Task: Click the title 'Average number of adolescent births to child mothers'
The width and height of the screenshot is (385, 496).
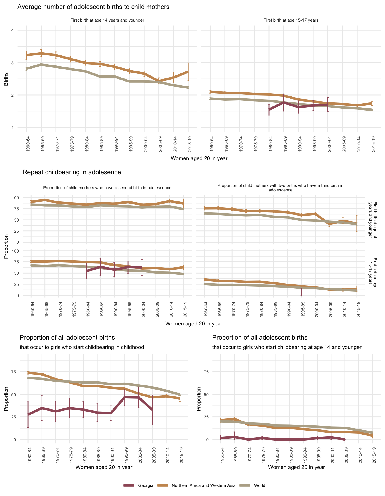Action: pyautogui.click(x=93, y=7)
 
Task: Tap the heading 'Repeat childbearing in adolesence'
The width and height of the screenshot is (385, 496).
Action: pyautogui.click(x=72, y=172)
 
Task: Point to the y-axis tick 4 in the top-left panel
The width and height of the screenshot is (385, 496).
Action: pyautogui.click(x=13, y=30)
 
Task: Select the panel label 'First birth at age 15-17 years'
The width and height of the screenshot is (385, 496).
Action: pyautogui.click(x=291, y=20)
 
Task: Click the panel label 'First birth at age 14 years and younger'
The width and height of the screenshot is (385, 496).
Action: pyautogui.click(x=107, y=20)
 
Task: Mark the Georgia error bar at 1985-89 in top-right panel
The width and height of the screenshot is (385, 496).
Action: pyautogui.click(x=284, y=102)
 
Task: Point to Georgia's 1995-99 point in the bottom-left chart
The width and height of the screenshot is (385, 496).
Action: pyautogui.click(x=125, y=397)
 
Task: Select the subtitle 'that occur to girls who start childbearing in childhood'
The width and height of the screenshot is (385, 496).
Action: pyautogui.click(x=82, y=347)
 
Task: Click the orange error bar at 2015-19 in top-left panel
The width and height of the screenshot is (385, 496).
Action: pyautogui.click(x=188, y=71)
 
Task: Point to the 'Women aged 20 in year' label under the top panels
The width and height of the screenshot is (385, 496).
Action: pyautogui.click(x=199, y=158)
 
